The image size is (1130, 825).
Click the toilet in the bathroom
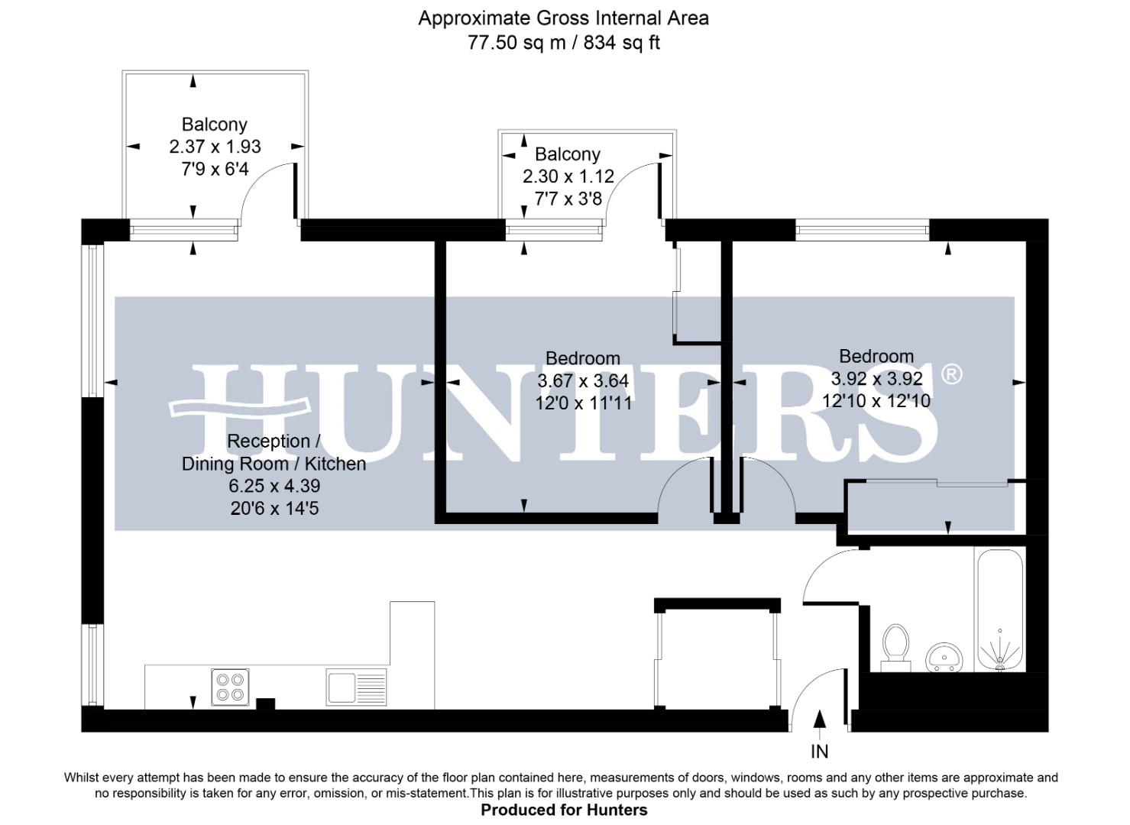[895, 646]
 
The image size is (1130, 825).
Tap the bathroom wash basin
[944, 657]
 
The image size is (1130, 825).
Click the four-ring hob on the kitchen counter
[230, 686]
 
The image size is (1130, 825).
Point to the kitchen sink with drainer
[357, 687]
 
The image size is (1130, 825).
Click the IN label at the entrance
[819, 752]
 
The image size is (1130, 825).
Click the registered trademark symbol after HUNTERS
[951, 374]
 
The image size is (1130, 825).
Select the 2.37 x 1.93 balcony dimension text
[215, 146]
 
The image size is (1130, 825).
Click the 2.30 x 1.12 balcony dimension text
[568, 176]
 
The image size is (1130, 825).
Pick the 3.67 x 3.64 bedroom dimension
[583, 380]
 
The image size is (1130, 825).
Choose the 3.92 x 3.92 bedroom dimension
[876, 378]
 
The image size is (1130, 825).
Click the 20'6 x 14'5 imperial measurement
[274, 507]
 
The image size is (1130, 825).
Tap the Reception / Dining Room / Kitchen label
[274, 452]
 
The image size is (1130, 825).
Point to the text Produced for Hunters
[564, 810]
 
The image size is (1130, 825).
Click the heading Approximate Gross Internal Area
[563, 18]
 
